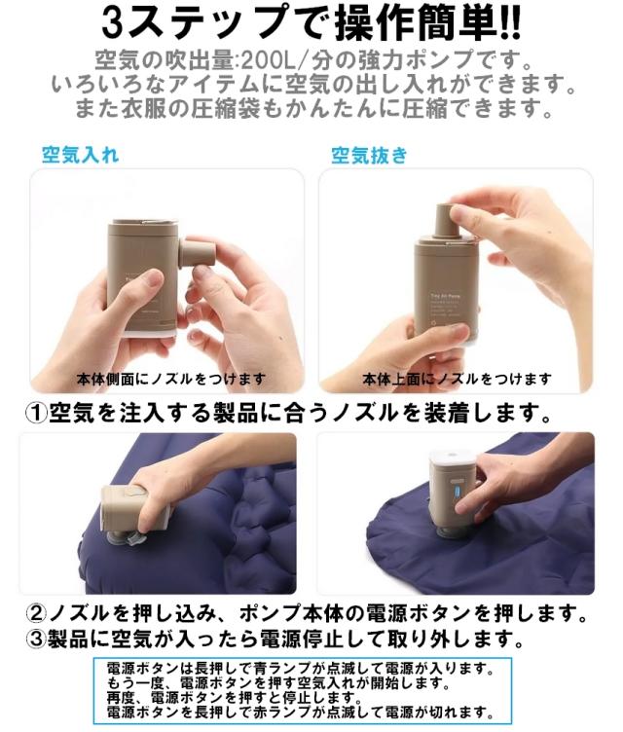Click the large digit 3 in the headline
pyautogui.click(x=114, y=23)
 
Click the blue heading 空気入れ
pyautogui.click(x=81, y=155)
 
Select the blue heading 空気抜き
pyautogui.click(x=369, y=156)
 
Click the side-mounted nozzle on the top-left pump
pyautogui.click(x=197, y=252)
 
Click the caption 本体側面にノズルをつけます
pyautogui.click(x=171, y=379)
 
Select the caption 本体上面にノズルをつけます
pyautogui.click(x=457, y=379)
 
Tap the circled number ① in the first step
pyautogui.click(x=35, y=414)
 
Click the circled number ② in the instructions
pyautogui.click(x=36, y=613)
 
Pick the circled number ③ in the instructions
pyautogui.click(x=36, y=639)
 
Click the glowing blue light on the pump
pyautogui.click(x=458, y=493)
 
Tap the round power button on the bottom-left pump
pyautogui.click(x=135, y=492)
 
